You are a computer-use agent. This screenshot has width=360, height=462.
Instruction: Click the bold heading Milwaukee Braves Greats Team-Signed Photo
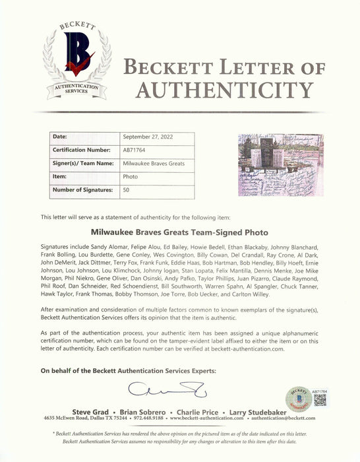[x=179, y=232]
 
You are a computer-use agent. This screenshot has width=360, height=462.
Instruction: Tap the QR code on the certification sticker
[x=320, y=401]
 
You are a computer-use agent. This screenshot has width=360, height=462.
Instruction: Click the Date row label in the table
[x=60, y=138]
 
